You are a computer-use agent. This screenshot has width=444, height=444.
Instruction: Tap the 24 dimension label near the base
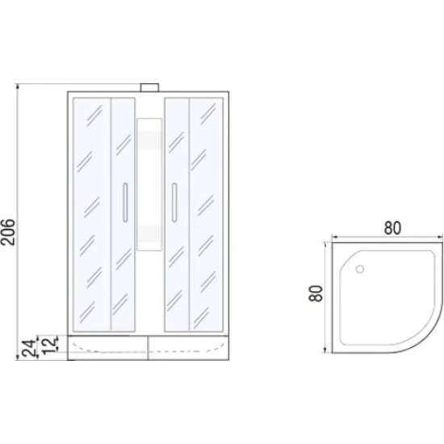click(29, 348)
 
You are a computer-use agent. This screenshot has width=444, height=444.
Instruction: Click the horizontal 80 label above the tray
click(392, 228)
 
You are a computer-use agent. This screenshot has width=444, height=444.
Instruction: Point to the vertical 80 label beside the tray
click(316, 294)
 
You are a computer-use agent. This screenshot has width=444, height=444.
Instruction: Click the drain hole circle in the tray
click(360, 269)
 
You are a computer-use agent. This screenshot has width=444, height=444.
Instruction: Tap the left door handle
click(125, 202)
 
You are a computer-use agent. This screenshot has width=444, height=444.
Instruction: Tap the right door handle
click(174, 202)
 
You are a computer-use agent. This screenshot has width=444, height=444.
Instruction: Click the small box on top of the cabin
click(150, 87)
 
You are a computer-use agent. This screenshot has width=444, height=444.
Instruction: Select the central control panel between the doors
click(149, 184)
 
